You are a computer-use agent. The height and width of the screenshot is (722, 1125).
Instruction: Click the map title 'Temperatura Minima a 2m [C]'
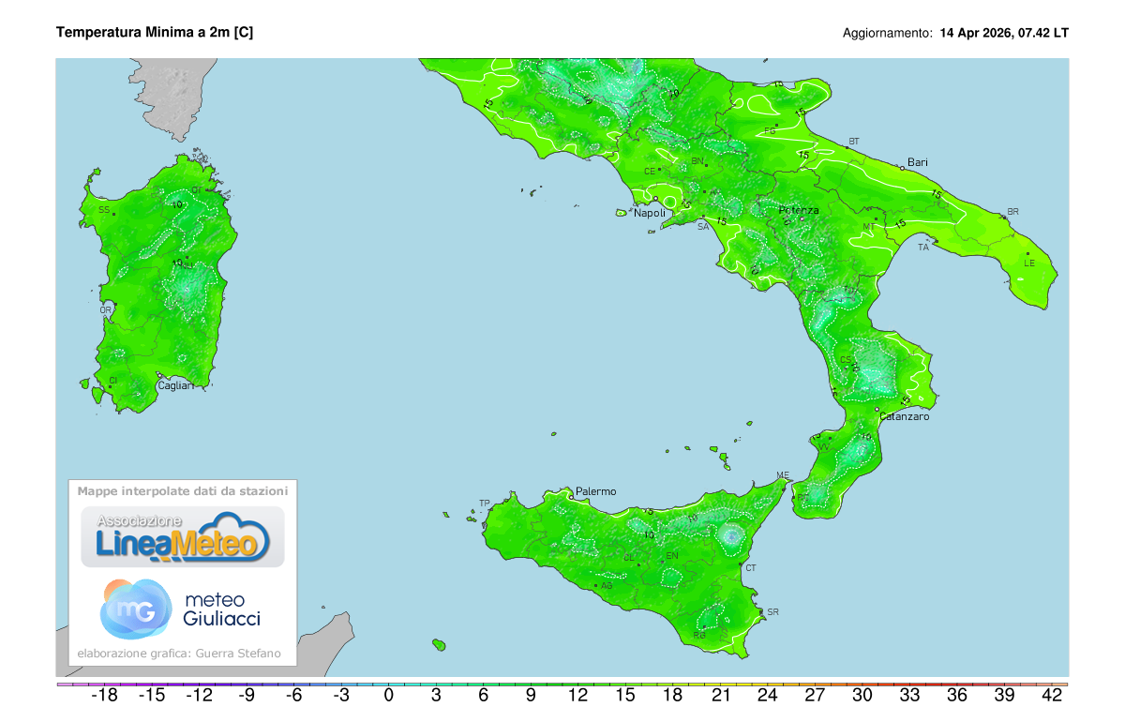[155, 32]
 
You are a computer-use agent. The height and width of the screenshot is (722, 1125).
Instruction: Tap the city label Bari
[917, 162]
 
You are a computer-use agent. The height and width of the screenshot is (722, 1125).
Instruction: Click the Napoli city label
[650, 213]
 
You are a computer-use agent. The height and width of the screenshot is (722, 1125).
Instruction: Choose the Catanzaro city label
[904, 416]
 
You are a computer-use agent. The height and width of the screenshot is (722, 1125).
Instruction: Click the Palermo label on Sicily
[595, 491]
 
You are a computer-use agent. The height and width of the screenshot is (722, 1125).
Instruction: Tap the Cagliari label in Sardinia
[175, 385]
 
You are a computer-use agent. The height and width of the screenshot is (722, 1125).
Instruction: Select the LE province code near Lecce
[1028, 263]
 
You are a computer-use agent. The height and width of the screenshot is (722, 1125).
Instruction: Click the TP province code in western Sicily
[485, 503]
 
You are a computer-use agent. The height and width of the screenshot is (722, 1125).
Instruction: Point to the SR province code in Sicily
[772, 612]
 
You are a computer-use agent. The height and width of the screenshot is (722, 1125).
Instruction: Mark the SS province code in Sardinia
[104, 210]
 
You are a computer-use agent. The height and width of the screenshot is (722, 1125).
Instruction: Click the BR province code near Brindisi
[1012, 212]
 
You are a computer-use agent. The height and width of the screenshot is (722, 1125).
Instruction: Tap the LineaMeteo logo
[183, 537]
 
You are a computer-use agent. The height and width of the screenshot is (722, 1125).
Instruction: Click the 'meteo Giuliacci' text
[222, 609]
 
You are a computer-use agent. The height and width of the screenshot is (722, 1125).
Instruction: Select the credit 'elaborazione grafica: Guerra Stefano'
[179, 654]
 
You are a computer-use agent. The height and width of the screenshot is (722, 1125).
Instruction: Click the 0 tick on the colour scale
[388, 696]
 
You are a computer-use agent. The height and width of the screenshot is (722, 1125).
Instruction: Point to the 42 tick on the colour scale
[1052, 696]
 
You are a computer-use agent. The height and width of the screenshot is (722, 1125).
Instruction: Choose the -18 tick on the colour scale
[103, 696]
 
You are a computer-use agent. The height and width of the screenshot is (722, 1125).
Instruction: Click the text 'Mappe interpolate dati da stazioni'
[183, 490]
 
